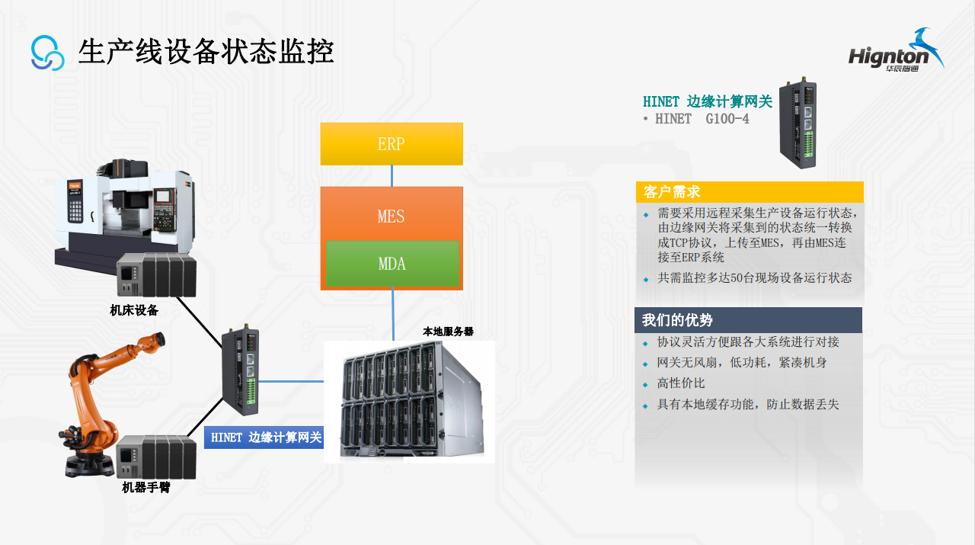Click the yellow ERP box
pos(392,144)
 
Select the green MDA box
pos(392,264)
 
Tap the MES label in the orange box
pos(392,216)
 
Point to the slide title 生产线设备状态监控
pos(206,52)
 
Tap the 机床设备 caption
pos(134,310)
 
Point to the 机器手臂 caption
pos(146,487)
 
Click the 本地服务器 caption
pos(448,332)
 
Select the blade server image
pos(410,402)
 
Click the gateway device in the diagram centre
pos(240,372)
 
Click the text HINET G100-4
pos(702,119)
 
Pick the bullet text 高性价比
pos(681,383)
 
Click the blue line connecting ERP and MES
pos(392,176)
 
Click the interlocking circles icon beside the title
pos(48,53)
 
